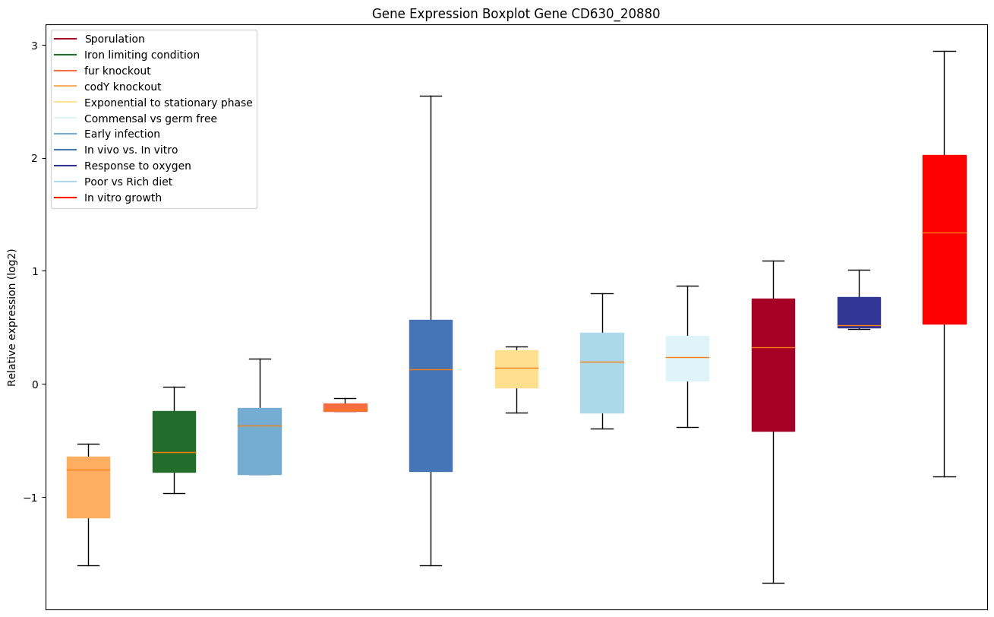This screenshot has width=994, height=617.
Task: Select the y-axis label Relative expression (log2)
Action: click(12, 317)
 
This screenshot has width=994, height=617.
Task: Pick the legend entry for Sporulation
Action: click(115, 39)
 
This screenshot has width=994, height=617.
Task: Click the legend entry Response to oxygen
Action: click(137, 166)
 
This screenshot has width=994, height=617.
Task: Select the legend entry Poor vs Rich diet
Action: click(128, 182)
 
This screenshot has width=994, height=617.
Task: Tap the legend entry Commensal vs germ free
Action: click(150, 119)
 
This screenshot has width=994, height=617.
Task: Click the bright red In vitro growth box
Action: click(944, 239)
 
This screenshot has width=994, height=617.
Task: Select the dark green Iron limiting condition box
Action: click(174, 441)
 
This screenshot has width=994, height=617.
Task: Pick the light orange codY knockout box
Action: click(88, 487)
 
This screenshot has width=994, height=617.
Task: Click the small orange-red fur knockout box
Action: click(346, 407)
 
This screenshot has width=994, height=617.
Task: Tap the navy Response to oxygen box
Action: click(859, 312)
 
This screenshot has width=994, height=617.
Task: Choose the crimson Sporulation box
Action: click(773, 365)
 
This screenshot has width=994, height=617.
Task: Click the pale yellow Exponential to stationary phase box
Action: click(516, 369)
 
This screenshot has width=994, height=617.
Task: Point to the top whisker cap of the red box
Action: click(944, 51)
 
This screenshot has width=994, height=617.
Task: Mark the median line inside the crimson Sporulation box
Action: click(773, 347)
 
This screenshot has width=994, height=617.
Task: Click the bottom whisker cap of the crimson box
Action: click(773, 583)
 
